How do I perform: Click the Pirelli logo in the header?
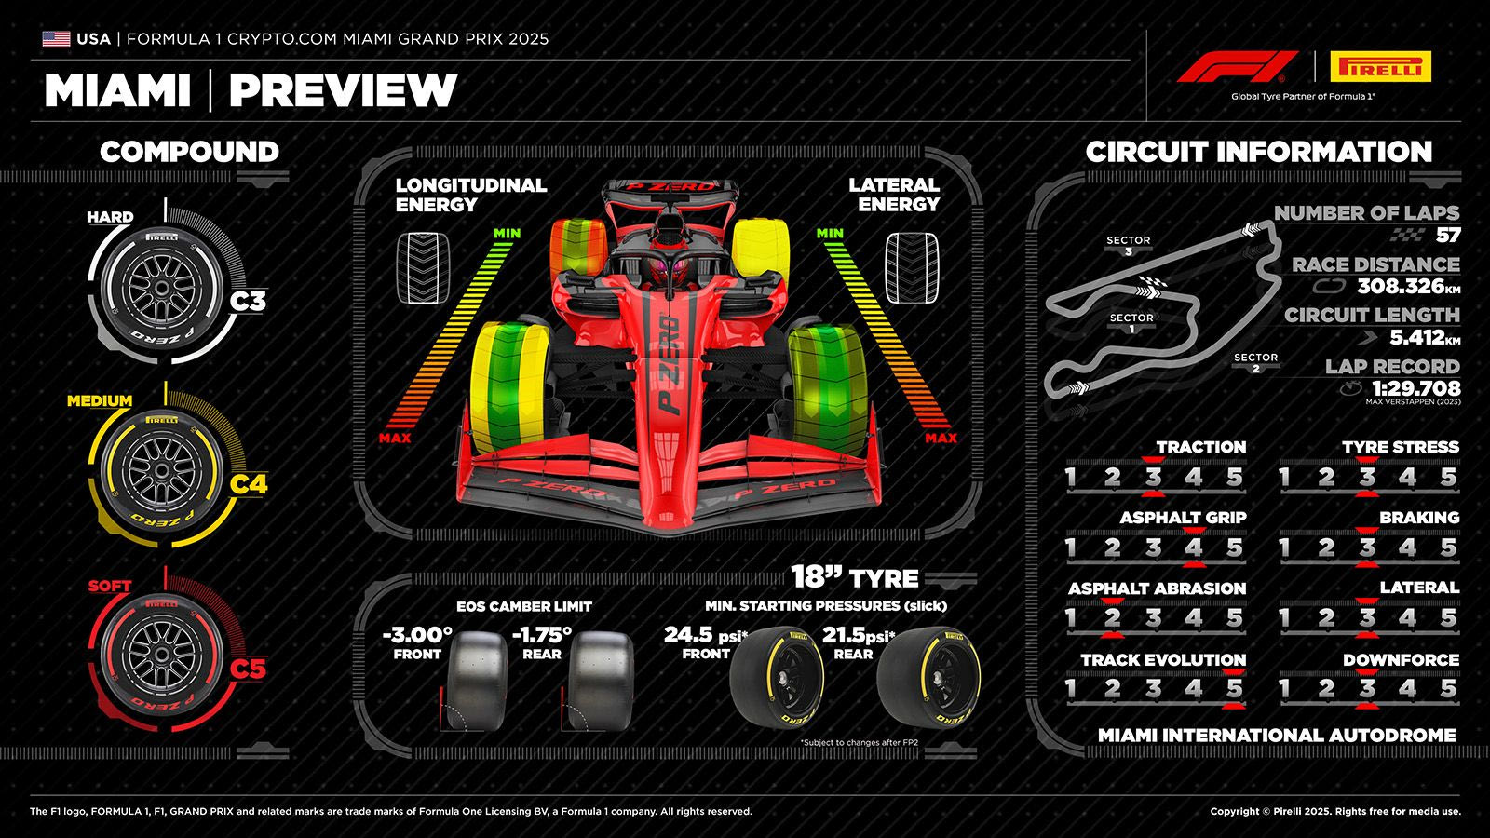pyautogui.click(x=1380, y=67)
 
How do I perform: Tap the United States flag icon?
pyautogui.click(x=56, y=39)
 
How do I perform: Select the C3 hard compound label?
pyautogui.click(x=248, y=301)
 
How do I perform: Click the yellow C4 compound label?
pyautogui.click(x=248, y=484)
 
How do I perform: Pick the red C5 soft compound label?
pyautogui.click(x=248, y=669)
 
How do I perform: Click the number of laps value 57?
pyautogui.click(x=1447, y=236)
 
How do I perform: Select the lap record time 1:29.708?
pyautogui.click(x=1415, y=388)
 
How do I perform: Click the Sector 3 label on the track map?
pyautogui.click(x=1128, y=245)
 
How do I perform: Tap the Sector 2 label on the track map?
pyautogui.click(x=1255, y=361)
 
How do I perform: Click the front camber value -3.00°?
pyautogui.click(x=416, y=635)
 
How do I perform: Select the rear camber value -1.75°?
pyautogui.click(x=541, y=635)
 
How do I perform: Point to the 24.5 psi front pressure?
pyautogui.click(x=688, y=635)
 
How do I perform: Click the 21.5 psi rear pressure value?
pyautogui.click(x=846, y=635)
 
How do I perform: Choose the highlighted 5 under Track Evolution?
pyautogui.click(x=1234, y=689)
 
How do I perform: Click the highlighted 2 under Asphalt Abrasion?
pyautogui.click(x=1111, y=618)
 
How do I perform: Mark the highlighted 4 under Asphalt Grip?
pyautogui.click(x=1194, y=547)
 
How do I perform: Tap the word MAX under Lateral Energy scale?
pyautogui.click(x=941, y=438)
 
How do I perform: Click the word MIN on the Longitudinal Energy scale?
pyautogui.click(x=508, y=233)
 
